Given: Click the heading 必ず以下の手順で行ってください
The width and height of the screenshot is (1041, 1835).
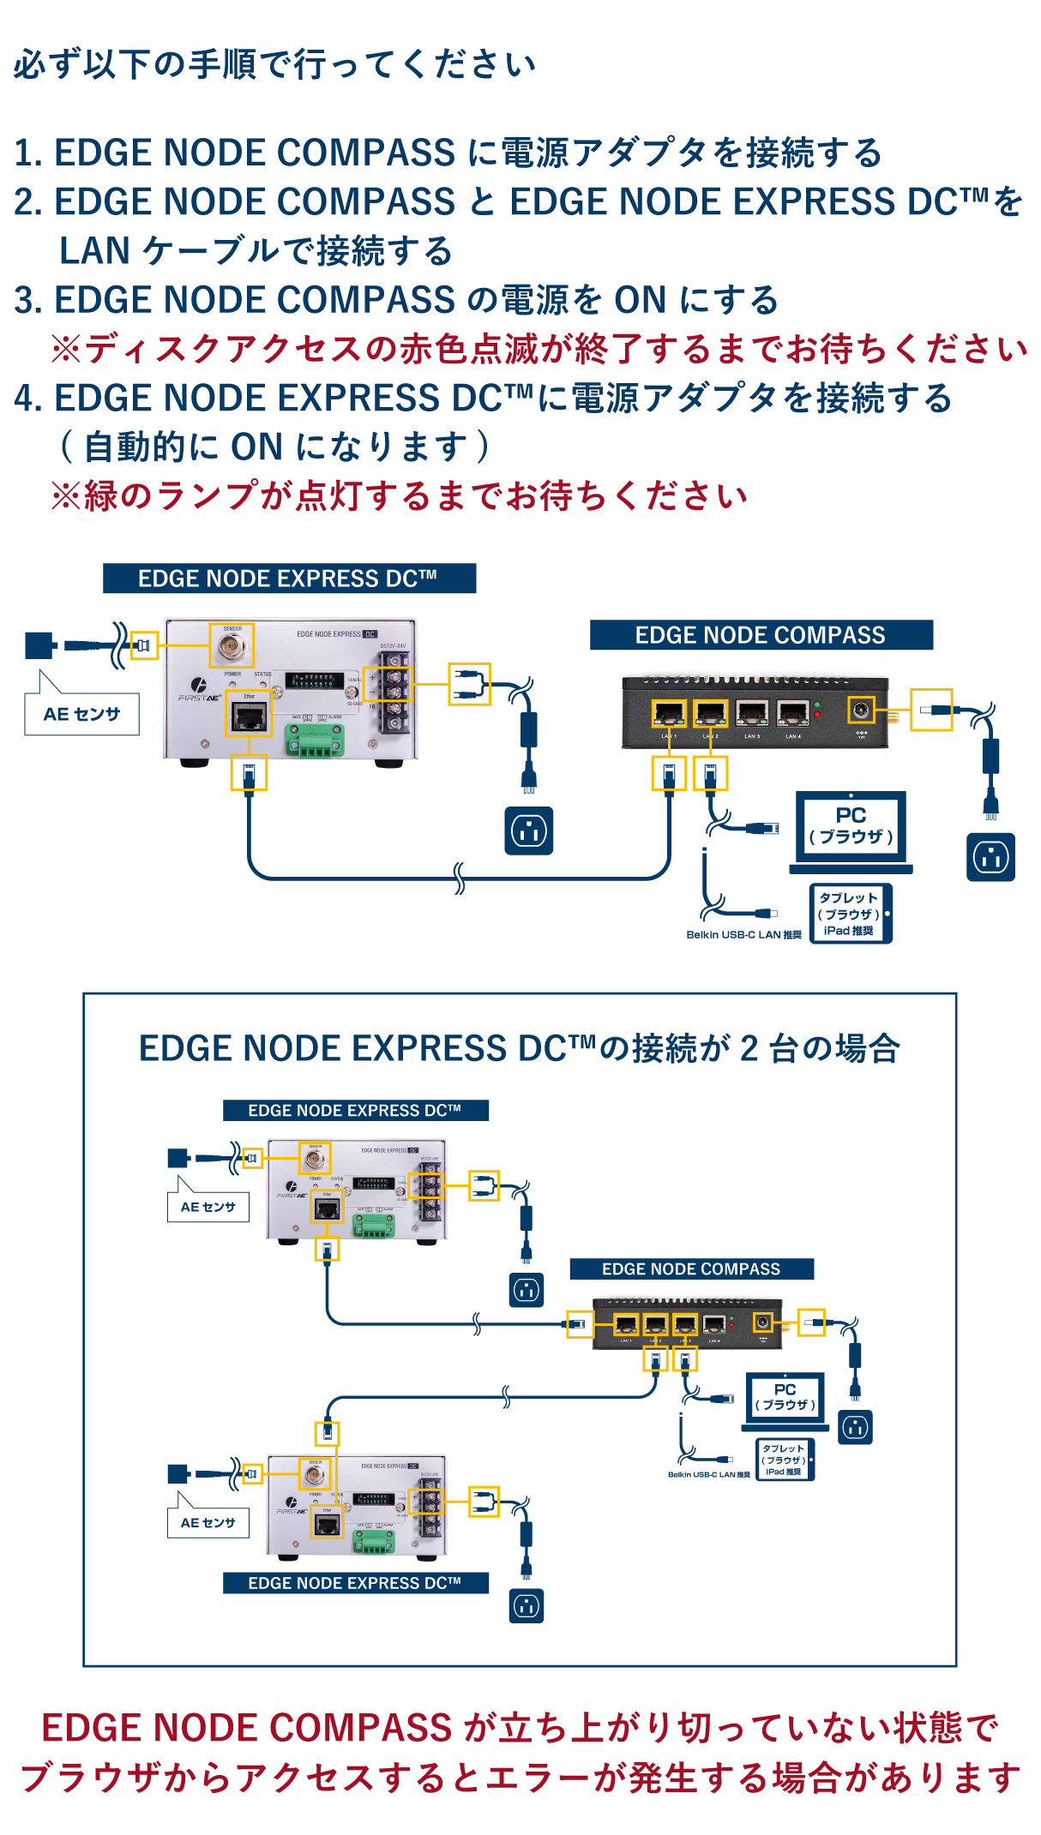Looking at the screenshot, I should pyautogui.click(x=274, y=64).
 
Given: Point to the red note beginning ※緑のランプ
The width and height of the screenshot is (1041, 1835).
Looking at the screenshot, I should pyautogui.click(x=399, y=496).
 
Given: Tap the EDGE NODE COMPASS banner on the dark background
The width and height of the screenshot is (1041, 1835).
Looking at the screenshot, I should pyautogui.click(x=761, y=635).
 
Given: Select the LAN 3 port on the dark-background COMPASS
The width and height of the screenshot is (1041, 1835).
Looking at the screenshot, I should pyautogui.click(x=752, y=713).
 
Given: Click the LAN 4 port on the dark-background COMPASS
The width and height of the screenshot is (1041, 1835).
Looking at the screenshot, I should pyautogui.click(x=793, y=713).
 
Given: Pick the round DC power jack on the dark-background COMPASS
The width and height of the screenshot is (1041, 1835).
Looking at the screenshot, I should pyautogui.click(x=861, y=710).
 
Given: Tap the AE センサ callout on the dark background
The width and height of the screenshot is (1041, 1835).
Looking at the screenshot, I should pyautogui.click(x=82, y=714).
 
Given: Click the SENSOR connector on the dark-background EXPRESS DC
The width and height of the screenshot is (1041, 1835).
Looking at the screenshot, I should pyautogui.click(x=232, y=645).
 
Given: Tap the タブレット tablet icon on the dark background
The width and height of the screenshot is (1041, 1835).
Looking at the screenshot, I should pyautogui.click(x=850, y=914).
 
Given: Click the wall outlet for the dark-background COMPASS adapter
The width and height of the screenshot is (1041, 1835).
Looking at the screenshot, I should pyautogui.click(x=990, y=857).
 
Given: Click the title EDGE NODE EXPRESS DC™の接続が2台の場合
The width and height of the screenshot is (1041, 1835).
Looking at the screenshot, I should pyautogui.click(x=519, y=1048).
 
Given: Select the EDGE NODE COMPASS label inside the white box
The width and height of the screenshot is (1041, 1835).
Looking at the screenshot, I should pyautogui.click(x=691, y=1268).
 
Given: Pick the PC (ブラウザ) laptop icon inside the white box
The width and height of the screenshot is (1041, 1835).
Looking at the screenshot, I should pyautogui.click(x=785, y=1400).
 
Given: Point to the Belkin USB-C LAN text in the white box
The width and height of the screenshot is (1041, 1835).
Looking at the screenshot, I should pyautogui.click(x=708, y=1474).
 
